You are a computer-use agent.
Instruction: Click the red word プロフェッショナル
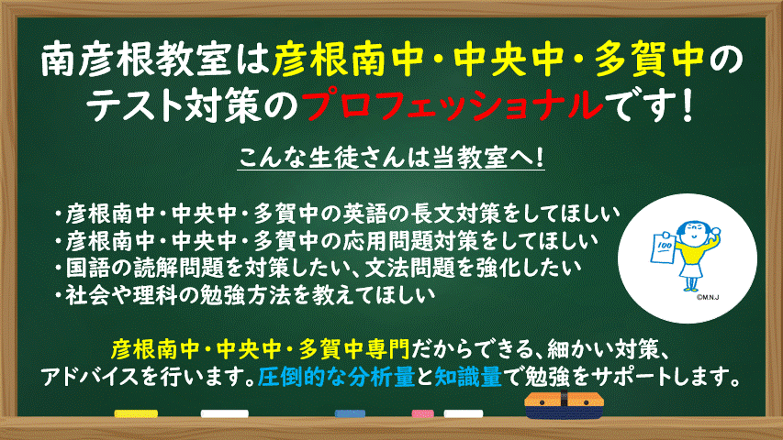tap(452, 105)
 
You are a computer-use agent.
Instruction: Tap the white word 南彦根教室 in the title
tap(135, 60)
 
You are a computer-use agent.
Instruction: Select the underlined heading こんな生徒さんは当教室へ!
tap(391, 158)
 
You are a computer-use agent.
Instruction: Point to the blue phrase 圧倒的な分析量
tap(336, 377)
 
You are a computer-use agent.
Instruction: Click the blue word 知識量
tap(468, 377)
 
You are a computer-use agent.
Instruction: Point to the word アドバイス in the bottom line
tap(88, 377)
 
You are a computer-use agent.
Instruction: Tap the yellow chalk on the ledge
tap(136, 413)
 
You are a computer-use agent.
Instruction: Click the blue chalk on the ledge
tap(350, 413)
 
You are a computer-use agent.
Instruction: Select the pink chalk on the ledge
tap(422, 413)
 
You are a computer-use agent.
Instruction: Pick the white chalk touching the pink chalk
tap(463, 413)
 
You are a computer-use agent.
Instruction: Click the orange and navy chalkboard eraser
tap(564, 404)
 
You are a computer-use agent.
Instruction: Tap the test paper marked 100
tap(663, 247)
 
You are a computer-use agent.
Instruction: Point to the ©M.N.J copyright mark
tap(708, 298)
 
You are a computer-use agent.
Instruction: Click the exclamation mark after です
tap(688, 105)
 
